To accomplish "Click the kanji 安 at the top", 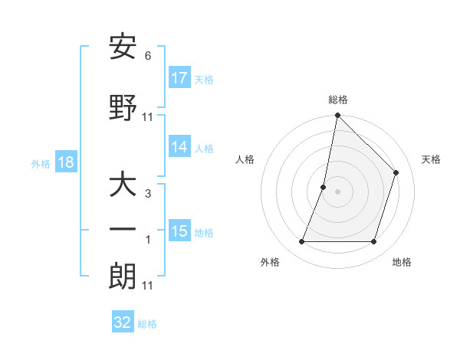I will click(x=123, y=47).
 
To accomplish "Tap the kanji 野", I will click(x=123, y=108).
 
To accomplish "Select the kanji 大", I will click(x=123, y=185).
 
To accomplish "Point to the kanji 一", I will click(x=123, y=229).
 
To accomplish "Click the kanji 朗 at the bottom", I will click(x=123, y=277).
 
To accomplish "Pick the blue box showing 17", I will click(x=179, y=78).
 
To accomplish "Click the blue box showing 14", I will click(x=179, y=148).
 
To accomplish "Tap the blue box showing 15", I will click(x=179, y=231).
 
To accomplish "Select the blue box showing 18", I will click(x=65, y=162).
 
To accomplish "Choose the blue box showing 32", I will click(x=123, y=322).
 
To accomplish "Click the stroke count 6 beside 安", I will click(x=148, y=56).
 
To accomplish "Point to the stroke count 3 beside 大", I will click(x=148, y=194).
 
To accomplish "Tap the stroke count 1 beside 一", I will click(x=148, y=240).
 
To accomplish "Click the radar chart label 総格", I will click(x=338, y=100).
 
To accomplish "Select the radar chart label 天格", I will click(x=431, y=159).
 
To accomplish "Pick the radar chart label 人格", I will click(x=245, y=159).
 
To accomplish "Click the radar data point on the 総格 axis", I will click(x=337, y=116).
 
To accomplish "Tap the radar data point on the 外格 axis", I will click(x=301, y=242).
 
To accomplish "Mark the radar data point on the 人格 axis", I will click(x=324, y=187).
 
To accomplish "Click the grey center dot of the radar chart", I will click(x=337, y=191).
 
